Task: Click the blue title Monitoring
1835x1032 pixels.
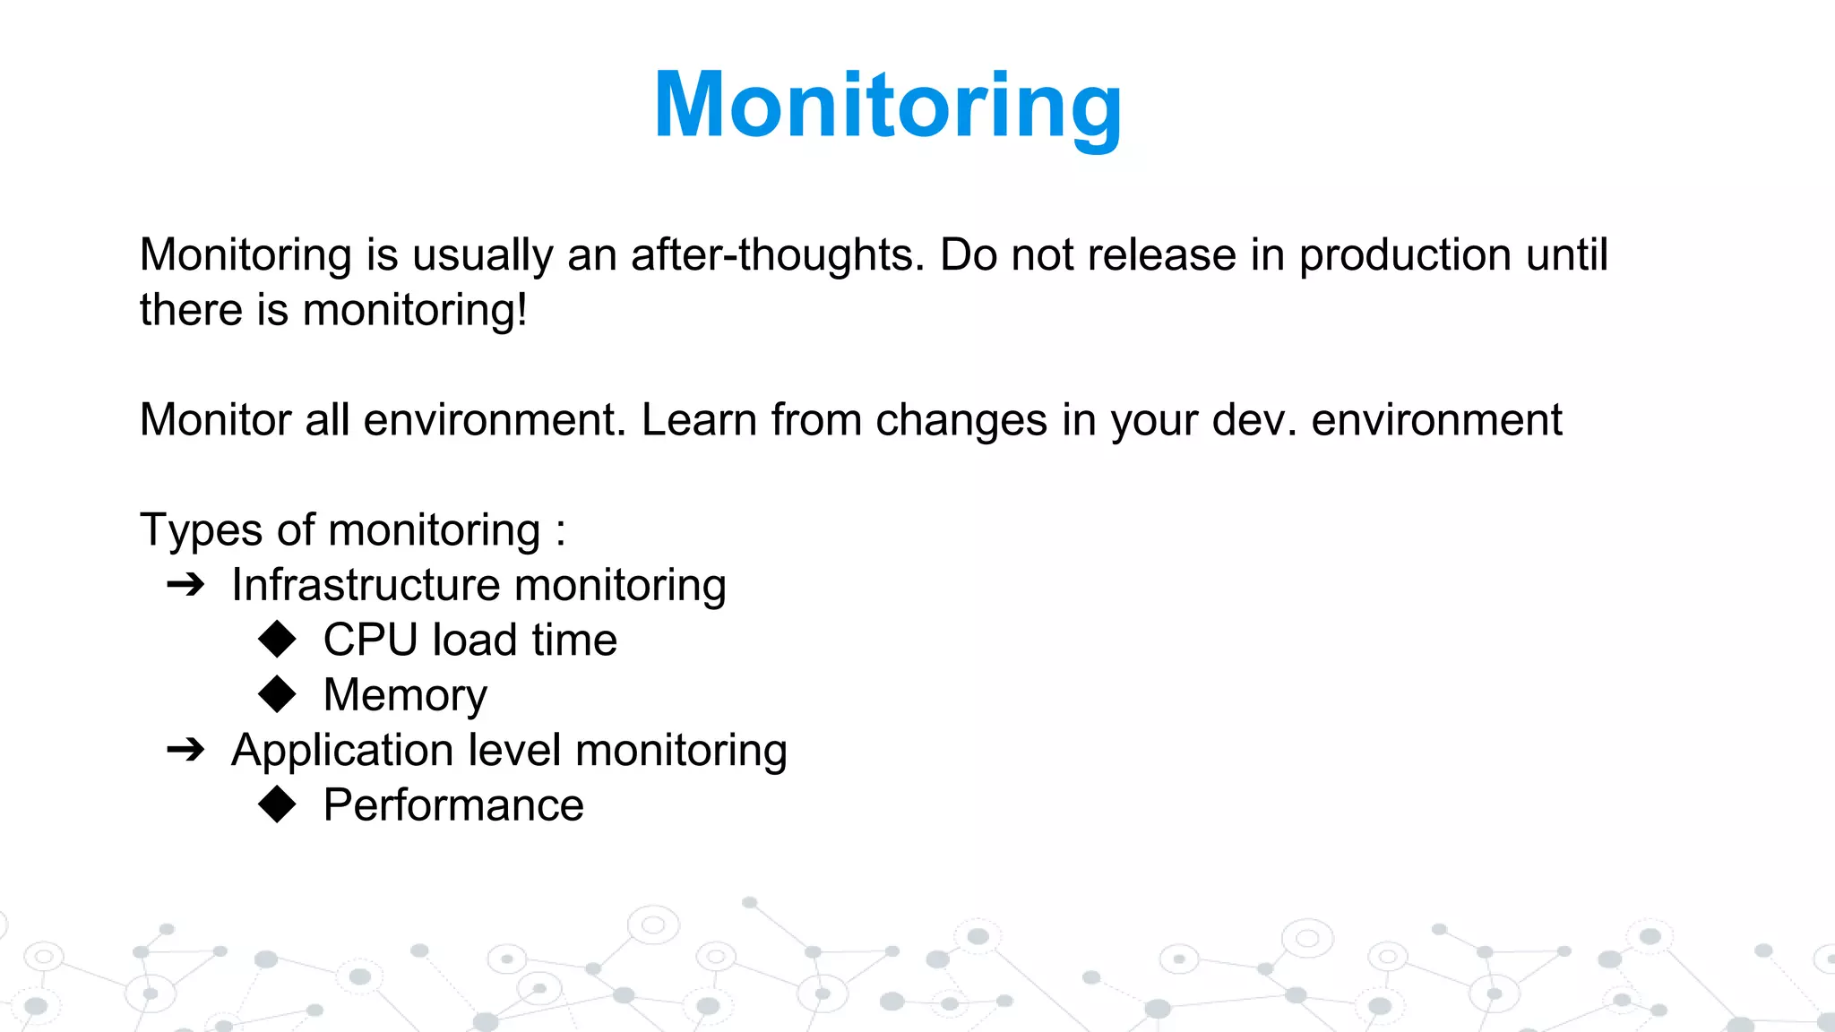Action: pos(887,106)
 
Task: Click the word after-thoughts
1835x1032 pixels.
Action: pos(777,254)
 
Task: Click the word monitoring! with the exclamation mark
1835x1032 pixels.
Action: pos(415,311)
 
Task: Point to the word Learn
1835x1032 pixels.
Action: pos(699,419)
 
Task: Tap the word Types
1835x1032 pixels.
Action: pos(201,530)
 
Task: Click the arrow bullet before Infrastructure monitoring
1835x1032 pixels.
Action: pos(186,585)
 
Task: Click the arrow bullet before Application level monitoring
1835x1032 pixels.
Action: pos(186,750)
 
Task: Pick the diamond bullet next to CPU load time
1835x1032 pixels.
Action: pos(277,640)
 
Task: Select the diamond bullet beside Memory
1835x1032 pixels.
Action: pos(277,694)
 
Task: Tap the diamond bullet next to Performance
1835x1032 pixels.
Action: pos(277,804)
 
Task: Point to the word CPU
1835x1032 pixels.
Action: pos(370,640)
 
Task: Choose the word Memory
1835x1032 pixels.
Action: pos(405,695)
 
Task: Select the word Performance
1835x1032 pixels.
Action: pos(453,804)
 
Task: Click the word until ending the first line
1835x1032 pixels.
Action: pos(1567,254)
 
